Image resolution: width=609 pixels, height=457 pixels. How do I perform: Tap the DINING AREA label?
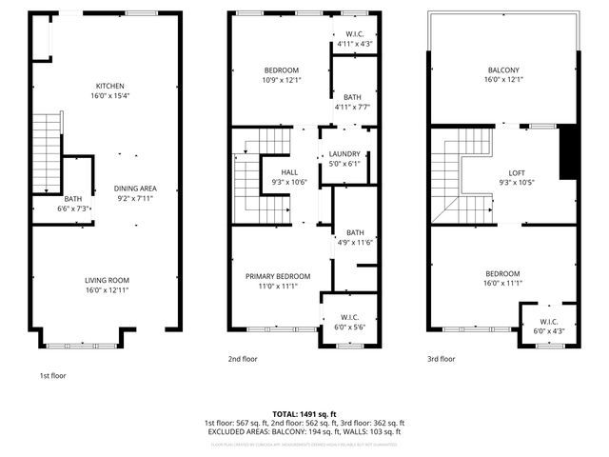click(135, 189)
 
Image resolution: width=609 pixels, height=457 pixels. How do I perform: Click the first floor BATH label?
click(73, 199)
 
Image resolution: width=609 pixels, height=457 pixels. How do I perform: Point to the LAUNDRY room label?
click(344, 154)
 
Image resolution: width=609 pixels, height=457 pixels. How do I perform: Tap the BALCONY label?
click(504, 70)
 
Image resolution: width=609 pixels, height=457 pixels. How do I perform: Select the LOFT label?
click(517, 172)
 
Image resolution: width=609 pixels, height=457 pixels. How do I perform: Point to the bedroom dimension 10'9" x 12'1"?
click(281, 80)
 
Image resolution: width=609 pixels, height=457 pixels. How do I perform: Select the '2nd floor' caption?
click(243, 359)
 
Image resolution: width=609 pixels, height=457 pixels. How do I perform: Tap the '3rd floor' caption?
click(441, 359)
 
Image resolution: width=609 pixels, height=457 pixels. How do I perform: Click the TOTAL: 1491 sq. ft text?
click(304, 414)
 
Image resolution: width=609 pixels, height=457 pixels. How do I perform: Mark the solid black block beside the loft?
click(568, 151)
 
